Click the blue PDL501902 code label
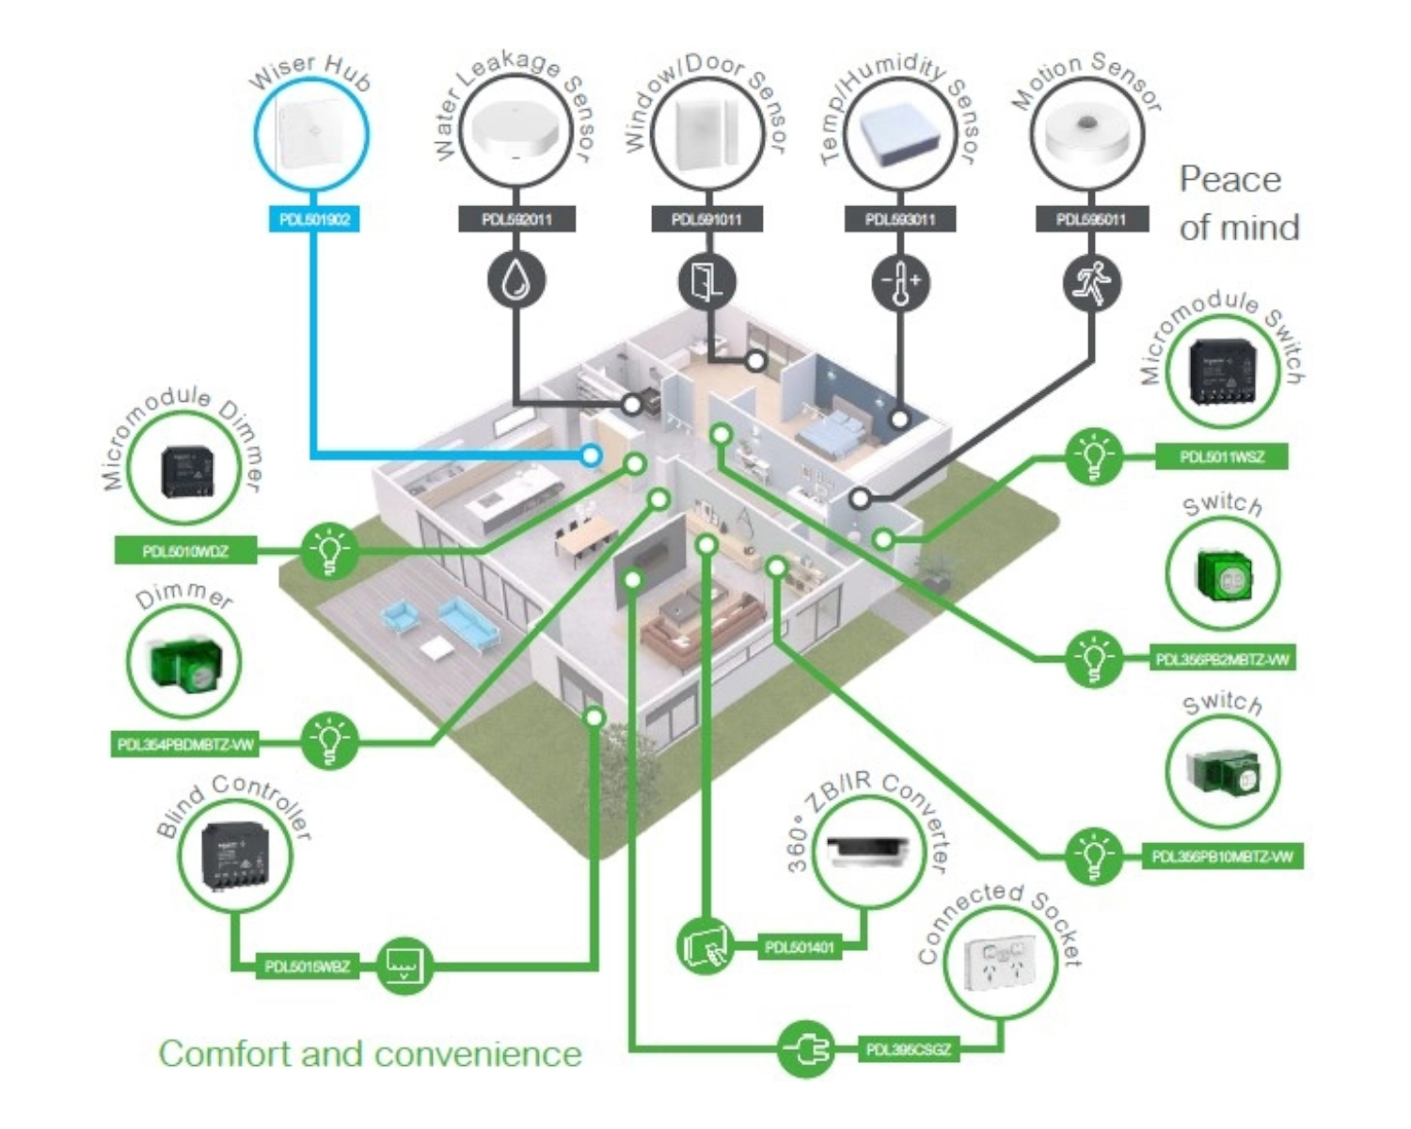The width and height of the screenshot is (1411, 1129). pos(314,220)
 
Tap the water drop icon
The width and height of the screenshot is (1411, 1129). pos(516,280)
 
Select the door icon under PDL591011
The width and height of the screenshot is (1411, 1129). pos(707,280)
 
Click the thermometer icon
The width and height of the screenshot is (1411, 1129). pos(901,280)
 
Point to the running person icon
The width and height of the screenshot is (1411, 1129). pos(1092,280)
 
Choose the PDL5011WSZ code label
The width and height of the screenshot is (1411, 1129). pos(1222,457)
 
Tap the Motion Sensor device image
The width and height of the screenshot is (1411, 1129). pos(1088,137)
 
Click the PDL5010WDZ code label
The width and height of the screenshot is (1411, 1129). pos(185,550)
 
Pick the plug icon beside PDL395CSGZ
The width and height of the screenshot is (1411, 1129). pos(806,1048)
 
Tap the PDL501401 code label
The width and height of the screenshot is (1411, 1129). pos(800,947)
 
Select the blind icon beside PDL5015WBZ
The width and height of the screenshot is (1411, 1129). pos(404,965)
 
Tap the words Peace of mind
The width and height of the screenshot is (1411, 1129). pos(1238,203)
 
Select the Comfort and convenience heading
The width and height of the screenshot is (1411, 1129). pos(370,1054)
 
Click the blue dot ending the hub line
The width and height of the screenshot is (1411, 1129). pos(591,455)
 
